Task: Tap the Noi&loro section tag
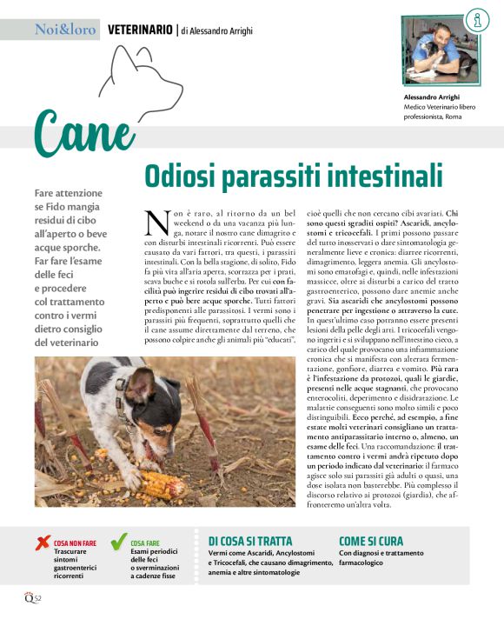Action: (65, 30)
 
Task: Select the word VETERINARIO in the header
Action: (140, 30)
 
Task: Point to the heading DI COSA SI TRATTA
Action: (250, 541)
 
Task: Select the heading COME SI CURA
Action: (371, 541)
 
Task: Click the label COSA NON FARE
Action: (75, 542)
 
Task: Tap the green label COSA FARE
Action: (146, 542)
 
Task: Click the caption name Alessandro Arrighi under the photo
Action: (433, 97)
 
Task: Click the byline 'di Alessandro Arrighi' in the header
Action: (217, 30)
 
